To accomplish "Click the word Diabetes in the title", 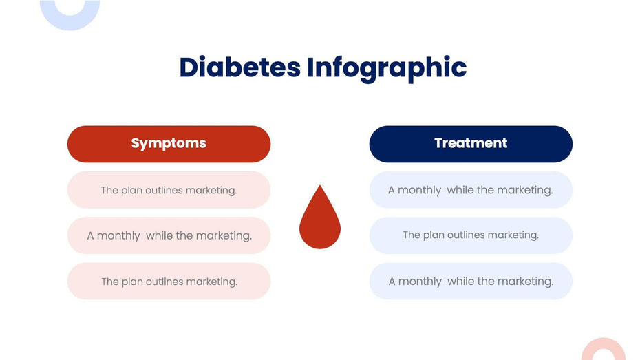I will (239, 67).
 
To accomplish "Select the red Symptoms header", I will (169, 143).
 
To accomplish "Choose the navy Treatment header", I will (471, 143).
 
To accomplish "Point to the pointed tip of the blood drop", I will (320, 187).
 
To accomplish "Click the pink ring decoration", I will (604, 350).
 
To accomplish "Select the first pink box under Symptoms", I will (169, 190).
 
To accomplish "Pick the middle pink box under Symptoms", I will (169, 235).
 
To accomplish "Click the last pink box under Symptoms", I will (169, 281).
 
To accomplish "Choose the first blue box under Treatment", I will (471, 190).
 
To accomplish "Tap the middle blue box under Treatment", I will (471, 235).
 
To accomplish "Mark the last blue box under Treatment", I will (471, 281).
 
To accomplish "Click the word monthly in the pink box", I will (118, 236).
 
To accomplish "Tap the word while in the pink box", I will (159, 235).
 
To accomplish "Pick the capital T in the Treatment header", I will (439, 143).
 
